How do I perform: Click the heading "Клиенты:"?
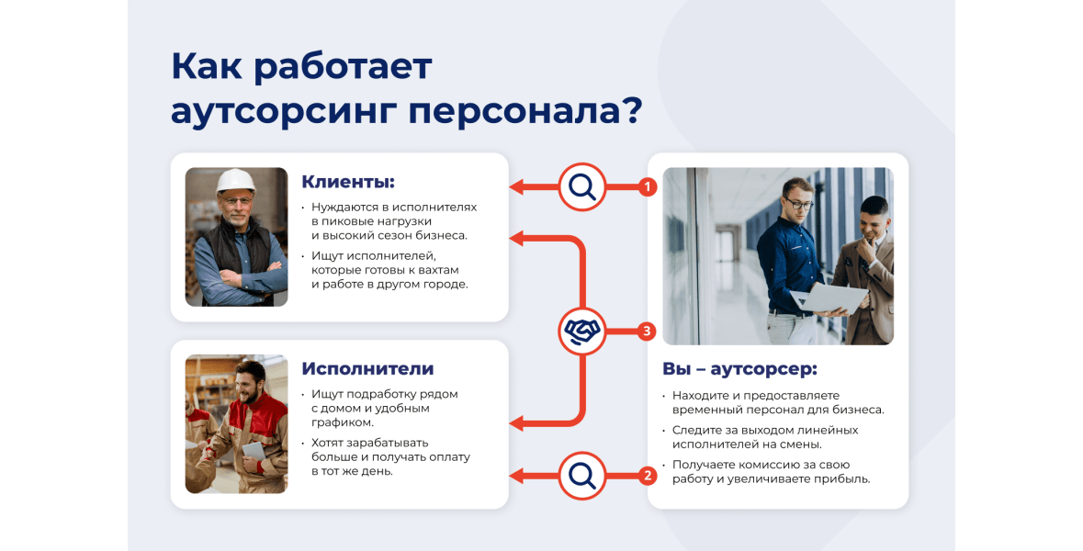[x=348, y=182]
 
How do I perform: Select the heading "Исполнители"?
[x=367, y=369]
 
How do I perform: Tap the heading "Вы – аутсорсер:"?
[x=739, y=369]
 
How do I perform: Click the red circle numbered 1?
[x=648, y=186]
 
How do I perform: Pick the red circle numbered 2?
[x=648, y=475]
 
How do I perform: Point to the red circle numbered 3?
[x=648, y=332]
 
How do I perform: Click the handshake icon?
[x=582, y=332]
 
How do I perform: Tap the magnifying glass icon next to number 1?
[x=582, y=186]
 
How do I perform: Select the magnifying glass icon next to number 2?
[x=582, y=475]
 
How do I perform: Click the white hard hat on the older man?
[x=235, y=180]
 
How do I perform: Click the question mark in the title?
[x=630, y=109]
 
